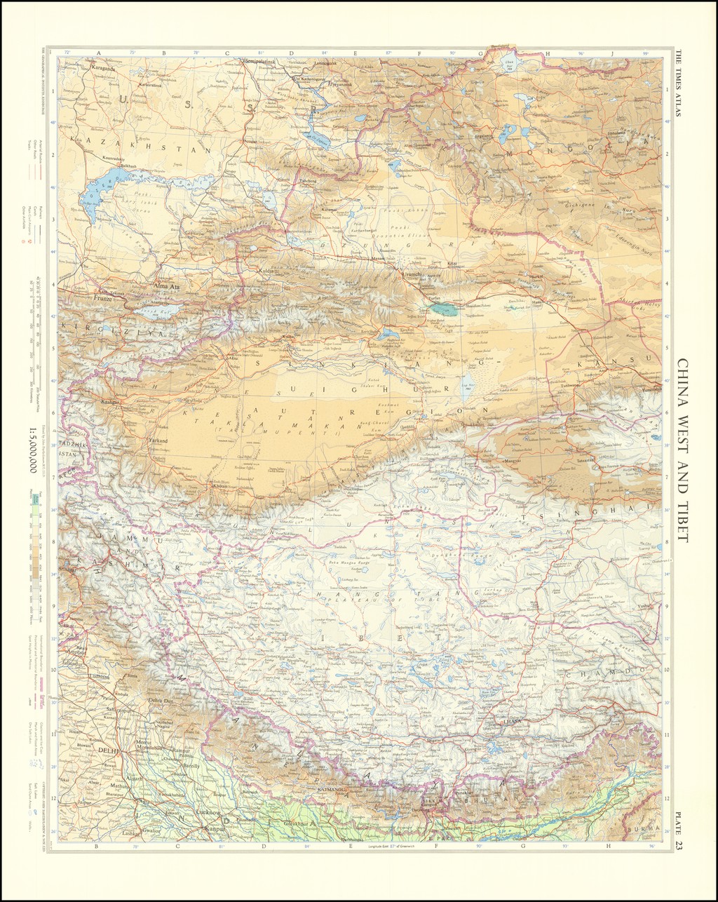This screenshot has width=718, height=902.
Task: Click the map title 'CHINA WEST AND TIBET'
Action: click(682, 450)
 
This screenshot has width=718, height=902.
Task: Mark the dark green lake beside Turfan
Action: click(444, 308)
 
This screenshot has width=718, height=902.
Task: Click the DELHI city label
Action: click(110, 750)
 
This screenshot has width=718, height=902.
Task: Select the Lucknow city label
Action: click(210, 812)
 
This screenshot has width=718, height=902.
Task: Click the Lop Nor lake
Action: click(468, 385)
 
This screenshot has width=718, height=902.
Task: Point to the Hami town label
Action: click(538, 302)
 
